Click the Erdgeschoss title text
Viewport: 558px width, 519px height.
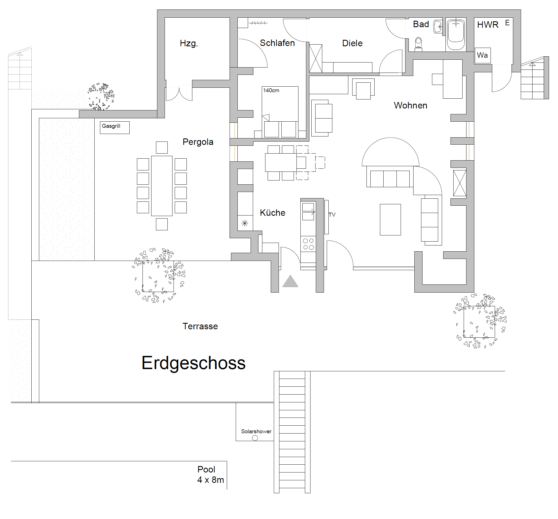tap(193, 363)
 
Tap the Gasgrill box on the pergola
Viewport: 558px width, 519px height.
tap(115, 128)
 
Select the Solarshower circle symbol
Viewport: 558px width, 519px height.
tap(255, 438)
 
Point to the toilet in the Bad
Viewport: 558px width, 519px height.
tap(418, 44)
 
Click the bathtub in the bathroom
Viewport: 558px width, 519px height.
tap(456, 34)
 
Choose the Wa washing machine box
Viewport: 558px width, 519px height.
tap(482, 55)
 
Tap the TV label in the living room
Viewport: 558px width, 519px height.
tap(332, 215)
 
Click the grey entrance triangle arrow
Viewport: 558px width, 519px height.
tap(290, 281)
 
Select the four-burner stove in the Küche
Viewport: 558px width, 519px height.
tap(308, 244)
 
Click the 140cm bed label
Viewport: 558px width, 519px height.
tap(271, 91)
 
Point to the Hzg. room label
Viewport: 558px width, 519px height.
tap(189, 43)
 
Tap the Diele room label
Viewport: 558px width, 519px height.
tap(352, 43)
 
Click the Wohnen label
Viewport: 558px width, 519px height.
tap(410, 106)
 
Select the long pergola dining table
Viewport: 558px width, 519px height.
tap(162, 186)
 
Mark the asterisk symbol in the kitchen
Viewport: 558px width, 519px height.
tap(245, 224)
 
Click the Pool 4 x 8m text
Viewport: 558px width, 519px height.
tap(211, 474)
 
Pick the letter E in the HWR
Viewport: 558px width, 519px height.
tap(507, 23)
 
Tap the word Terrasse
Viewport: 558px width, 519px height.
tap(200, 326)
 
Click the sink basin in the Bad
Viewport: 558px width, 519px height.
tap(438, 26)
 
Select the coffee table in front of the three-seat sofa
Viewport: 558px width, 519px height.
tap(390, 220)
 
